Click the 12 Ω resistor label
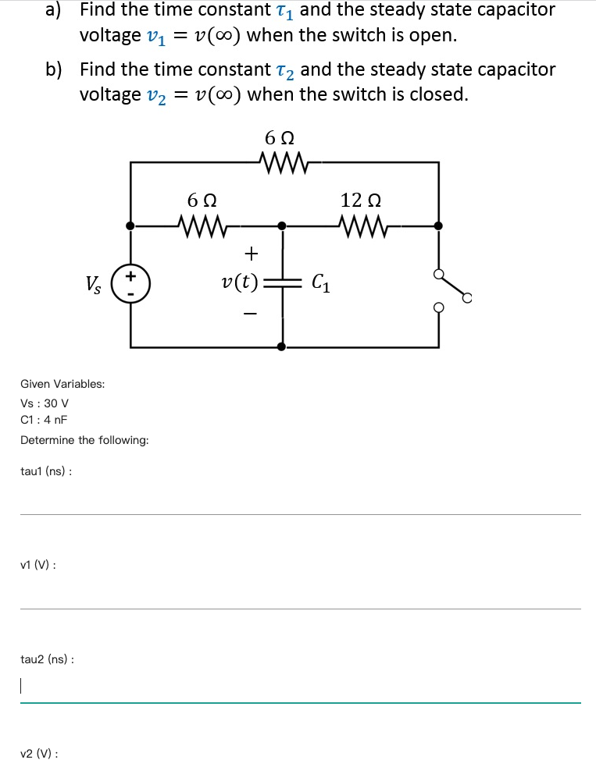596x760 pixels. [360, 199]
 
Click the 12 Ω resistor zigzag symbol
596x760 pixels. [361, 226]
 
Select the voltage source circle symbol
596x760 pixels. [130, 282]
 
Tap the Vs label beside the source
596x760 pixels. [92, 283]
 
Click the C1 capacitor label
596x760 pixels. [320, 282]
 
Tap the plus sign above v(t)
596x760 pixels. [251, 253]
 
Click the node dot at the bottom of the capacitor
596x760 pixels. [282, 346]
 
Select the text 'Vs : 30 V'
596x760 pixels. [45, 403]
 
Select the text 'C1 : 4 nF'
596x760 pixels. [44, 419]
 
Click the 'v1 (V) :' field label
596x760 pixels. [37, 565]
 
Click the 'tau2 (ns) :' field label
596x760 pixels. [47, 659]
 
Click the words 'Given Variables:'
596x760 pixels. [62, 384]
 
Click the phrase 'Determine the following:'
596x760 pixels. [84, 440]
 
